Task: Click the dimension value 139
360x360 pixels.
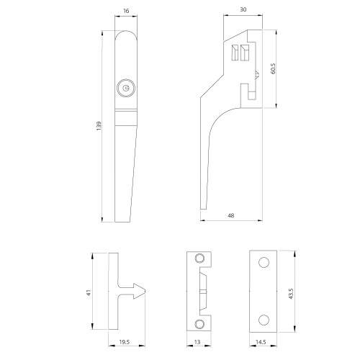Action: pos(99,126)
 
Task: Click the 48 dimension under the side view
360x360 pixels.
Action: pos(229,215)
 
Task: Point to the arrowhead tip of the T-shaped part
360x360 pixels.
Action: pos(147,292)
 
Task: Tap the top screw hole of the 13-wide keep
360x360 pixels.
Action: pos(201,258)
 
